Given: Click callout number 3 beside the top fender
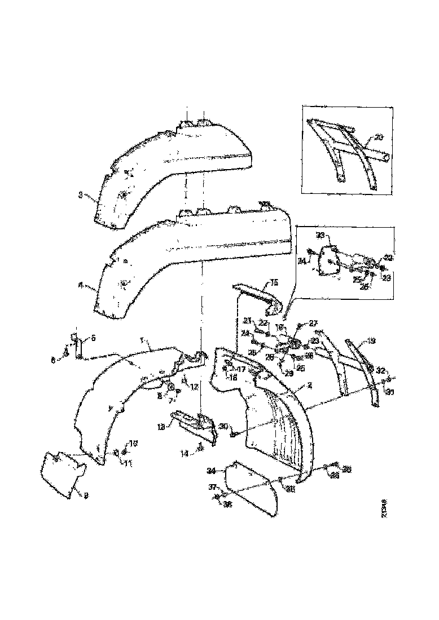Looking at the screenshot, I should pos(80,195).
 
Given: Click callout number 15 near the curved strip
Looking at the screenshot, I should pos(274,281).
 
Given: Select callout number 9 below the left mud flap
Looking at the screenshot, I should pos(86,495).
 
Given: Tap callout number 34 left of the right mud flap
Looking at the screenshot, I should pos(212,470).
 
